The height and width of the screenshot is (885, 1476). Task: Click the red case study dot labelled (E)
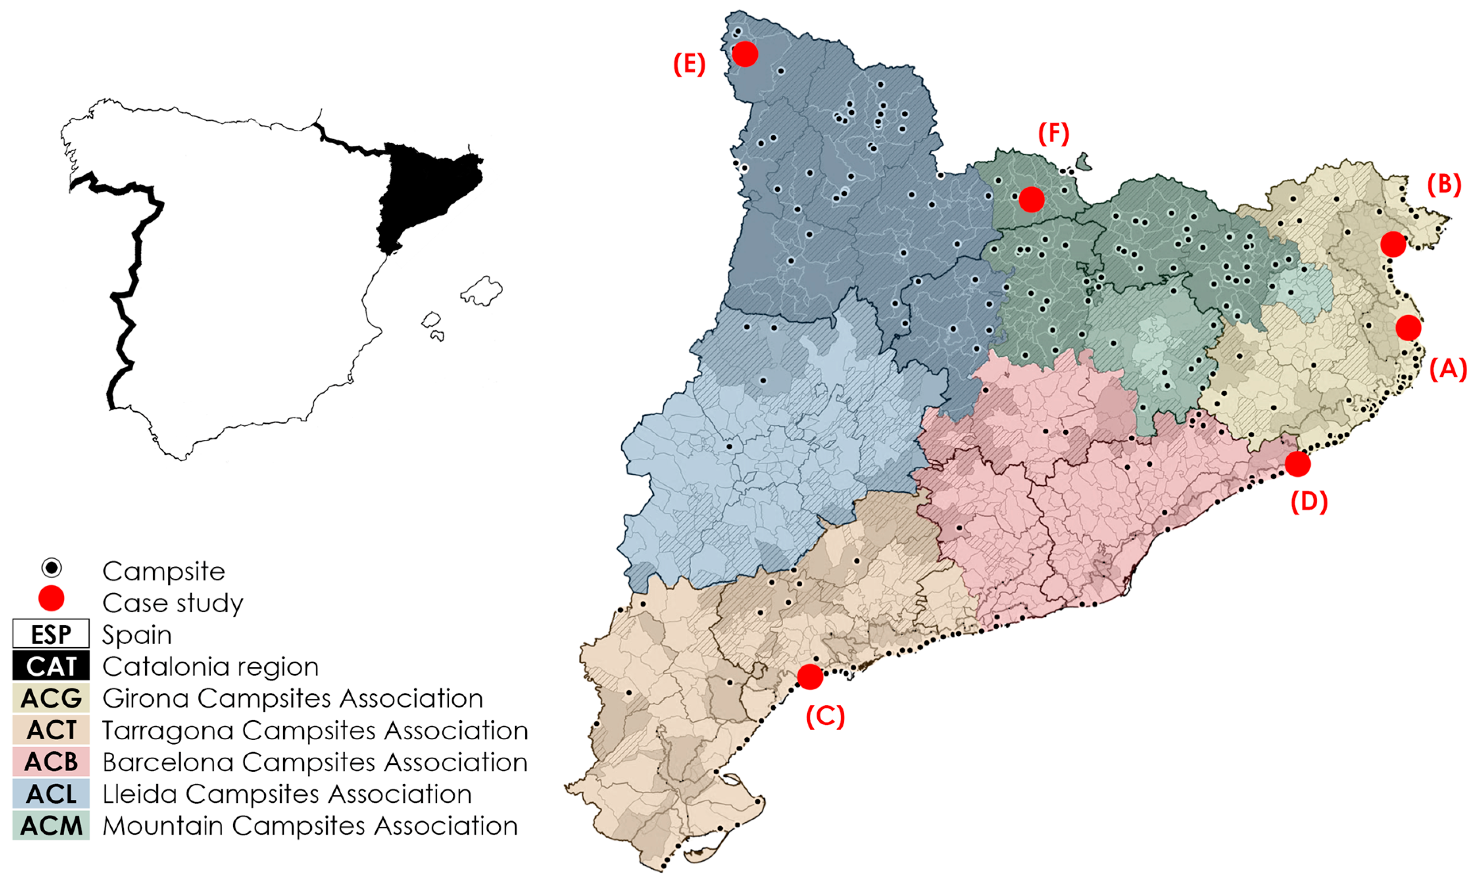[x=745, y=54]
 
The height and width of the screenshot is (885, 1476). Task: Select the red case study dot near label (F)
[x=1031, y=199]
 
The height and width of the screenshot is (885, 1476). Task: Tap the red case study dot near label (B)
[x=1393, y=244]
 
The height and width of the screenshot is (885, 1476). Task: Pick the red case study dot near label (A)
[x=1409, y=327]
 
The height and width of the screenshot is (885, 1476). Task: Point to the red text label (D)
[x=1309, y=502]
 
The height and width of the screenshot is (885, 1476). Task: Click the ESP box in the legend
[x=51, y=634]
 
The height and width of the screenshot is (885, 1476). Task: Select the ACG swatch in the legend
[x=51, y=698]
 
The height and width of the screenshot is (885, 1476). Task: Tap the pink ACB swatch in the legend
[x=51, y=762]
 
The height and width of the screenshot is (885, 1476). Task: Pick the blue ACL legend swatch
[x=51, y=794]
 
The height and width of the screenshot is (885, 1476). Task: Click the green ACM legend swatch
[x=51, y=825]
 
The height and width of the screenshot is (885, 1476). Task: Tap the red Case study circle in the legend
[x=51, y=598]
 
